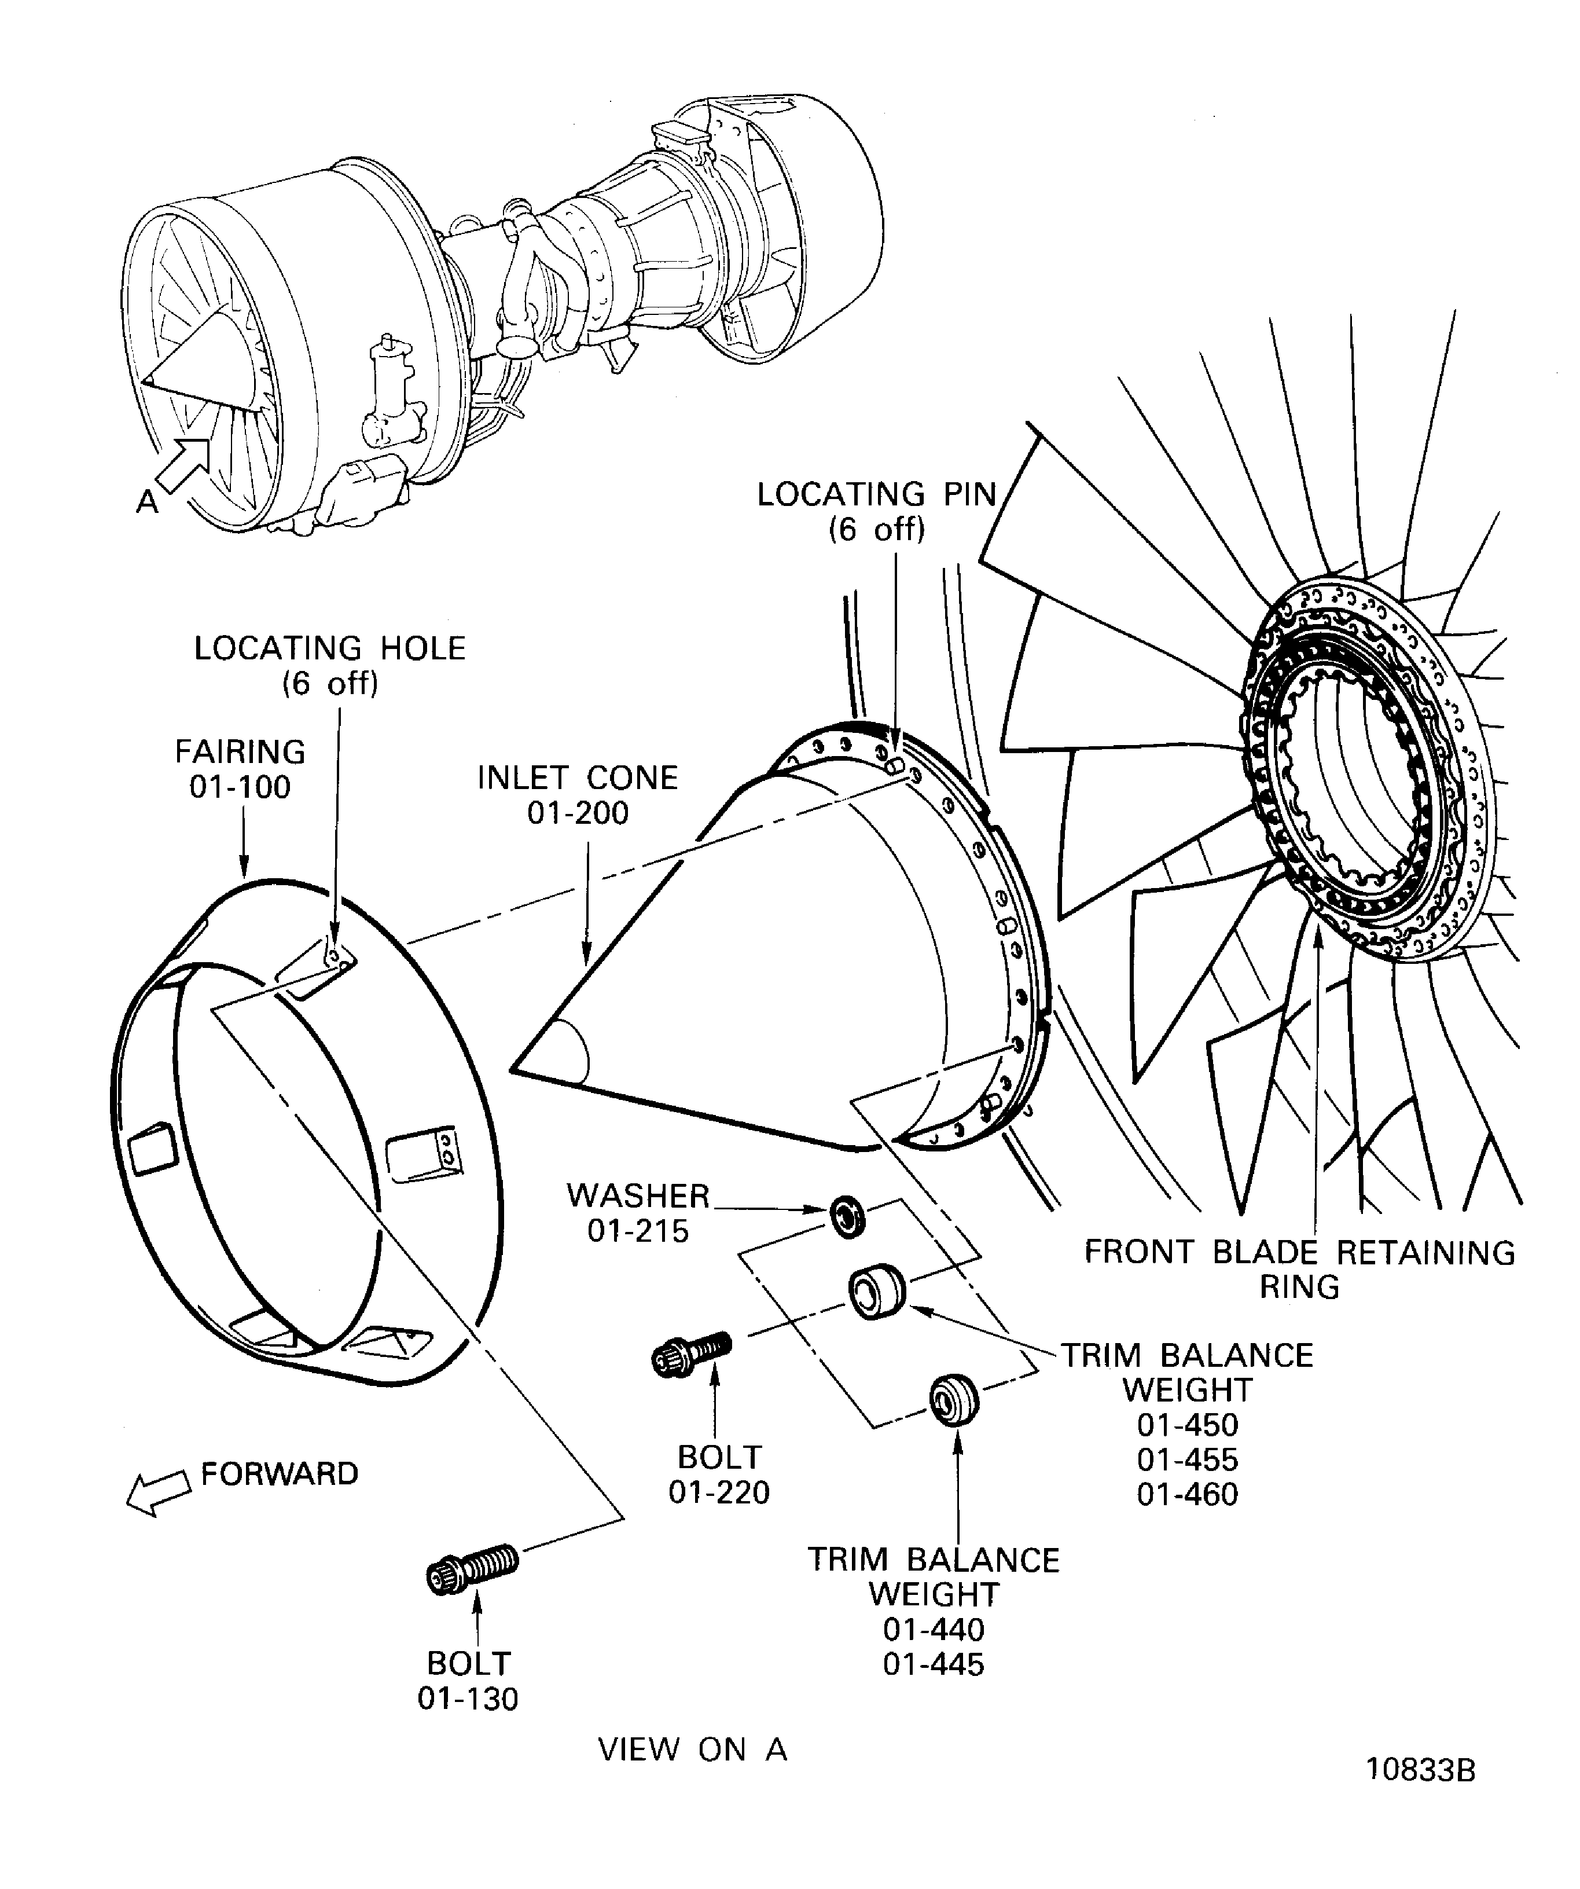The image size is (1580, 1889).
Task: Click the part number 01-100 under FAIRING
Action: (x=240, y=787)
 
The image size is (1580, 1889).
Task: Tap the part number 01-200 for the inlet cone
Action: (x=578, y=813)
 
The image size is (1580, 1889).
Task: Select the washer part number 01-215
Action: (x=638, y=1231)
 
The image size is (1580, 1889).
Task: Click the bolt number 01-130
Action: (x=468, y=1699)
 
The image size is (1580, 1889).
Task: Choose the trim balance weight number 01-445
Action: (x=934, y=1664)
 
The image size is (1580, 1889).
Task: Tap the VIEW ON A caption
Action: (x=692, y=1749)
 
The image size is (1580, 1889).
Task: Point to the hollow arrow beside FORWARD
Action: (x=157, y=1493)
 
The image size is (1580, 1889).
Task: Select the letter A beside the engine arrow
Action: (x=146, y=502)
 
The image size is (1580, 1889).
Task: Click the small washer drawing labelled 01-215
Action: (x=846, y=1216)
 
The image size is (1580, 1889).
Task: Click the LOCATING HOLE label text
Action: (x=330, y=648)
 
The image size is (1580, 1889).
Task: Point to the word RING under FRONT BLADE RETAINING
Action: (x=1299, y=1288)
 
